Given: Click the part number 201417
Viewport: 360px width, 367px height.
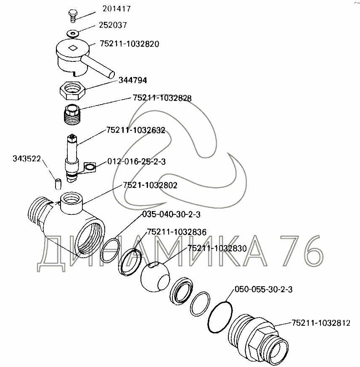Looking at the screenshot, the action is coord(116,9).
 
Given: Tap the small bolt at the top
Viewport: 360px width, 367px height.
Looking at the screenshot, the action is coord(73,16).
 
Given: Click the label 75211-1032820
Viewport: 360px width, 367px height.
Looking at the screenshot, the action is coord(130,44).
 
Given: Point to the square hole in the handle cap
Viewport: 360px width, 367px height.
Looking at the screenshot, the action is coord(73,48).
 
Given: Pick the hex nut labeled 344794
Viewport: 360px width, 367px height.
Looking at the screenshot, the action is coord(72,90).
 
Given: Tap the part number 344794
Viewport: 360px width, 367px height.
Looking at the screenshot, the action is coord(132,80).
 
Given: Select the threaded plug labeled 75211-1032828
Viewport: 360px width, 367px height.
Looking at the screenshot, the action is coord(72,114).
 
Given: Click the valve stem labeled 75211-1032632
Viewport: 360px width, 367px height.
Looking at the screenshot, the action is coord(72,158).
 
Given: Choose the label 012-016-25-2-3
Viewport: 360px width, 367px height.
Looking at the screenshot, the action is coord(136,161).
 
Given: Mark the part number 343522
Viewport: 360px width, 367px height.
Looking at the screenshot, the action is coord(26,158).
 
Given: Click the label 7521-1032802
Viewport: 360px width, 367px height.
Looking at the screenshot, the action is coord(150,185).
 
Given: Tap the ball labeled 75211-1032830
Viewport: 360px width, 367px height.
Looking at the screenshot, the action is coord(155,277).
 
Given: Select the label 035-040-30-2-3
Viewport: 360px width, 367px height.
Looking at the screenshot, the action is coord(172,214).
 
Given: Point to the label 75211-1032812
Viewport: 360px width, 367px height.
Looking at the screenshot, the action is coord(321,323).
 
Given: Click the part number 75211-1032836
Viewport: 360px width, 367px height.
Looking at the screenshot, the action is coord(177,232).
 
